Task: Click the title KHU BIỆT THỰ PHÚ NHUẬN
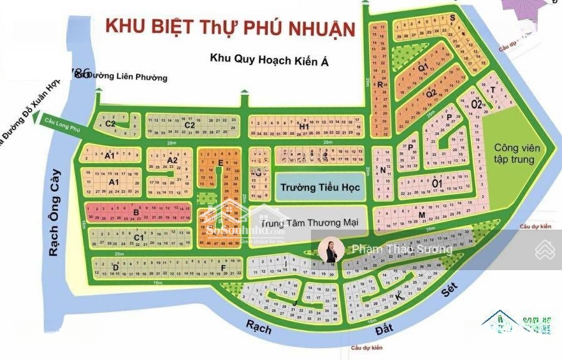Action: tap(229, 27)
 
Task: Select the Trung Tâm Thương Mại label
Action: tap(301, 222)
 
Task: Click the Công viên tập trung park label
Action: tap(515, 153)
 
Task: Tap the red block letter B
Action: tap(136, 212)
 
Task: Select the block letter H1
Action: tap(305, 127)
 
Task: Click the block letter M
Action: tap(422, 216)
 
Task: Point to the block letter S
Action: tap(451, 18)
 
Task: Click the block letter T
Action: tap(493, 90)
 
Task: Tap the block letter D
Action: tap(116, 268)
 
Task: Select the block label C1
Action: tap(139, 237)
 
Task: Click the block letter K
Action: tap(398, 298)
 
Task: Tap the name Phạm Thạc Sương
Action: tap(402, 250)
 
